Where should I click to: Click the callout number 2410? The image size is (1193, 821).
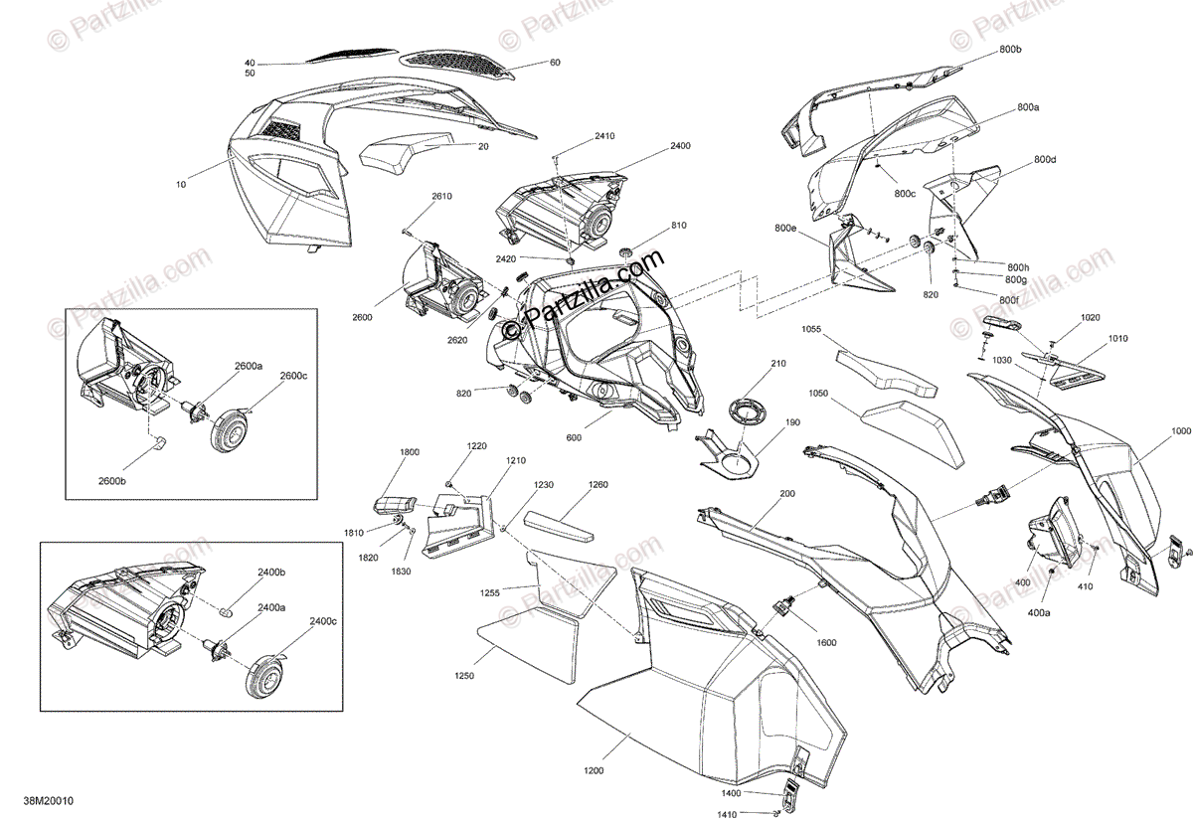click(604, 135)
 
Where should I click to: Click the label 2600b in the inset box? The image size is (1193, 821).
click(112, 480)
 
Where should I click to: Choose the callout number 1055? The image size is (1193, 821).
click(811, 328)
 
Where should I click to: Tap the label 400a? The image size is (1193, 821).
click(1039, 614)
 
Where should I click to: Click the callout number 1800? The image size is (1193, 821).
click(410, 451)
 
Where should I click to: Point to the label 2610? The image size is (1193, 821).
click(441, 197)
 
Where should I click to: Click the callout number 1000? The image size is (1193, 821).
click(1180, 431)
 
